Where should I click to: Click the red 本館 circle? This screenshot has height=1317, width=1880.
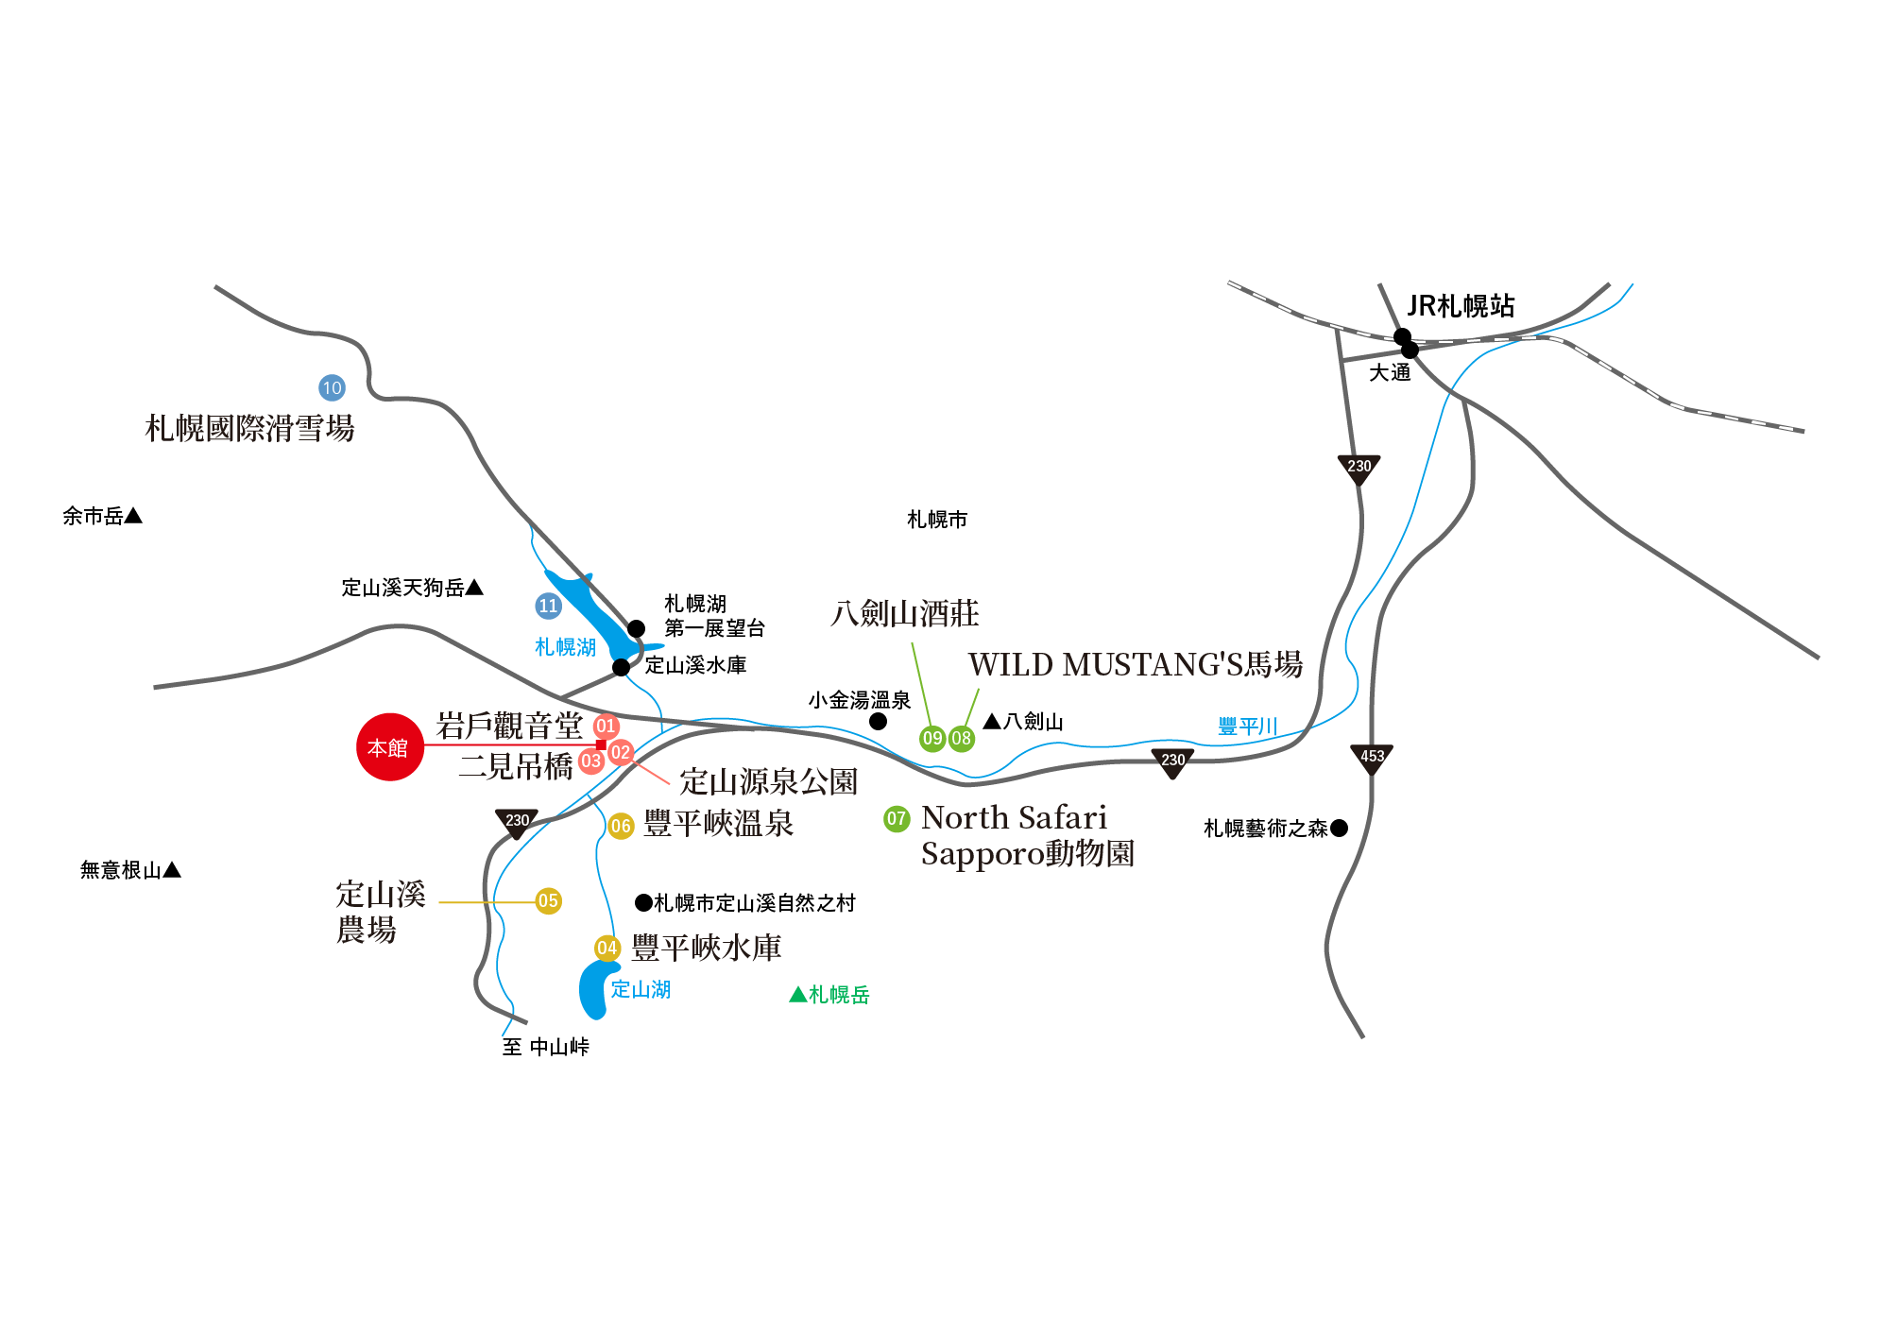click(389, 747)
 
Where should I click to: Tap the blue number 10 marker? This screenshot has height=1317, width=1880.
click(332, 387)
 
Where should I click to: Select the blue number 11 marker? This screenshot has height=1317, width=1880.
click(548, 606)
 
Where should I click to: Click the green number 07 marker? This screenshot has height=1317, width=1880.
click(897, 819)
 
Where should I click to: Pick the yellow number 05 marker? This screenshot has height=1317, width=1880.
click(548, 901)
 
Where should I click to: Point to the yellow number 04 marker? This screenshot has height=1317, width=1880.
click(607, 948)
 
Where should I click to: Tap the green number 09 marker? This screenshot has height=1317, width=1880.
click(932, 738)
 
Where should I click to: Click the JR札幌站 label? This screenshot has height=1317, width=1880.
click(1461, 306)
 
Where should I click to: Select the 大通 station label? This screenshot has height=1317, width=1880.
click(1390, 373)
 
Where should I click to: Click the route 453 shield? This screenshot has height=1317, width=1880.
click(1372, 758)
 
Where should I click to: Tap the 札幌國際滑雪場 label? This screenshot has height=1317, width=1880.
click(249, 429)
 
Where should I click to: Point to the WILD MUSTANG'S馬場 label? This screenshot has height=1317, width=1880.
click(1135, 664)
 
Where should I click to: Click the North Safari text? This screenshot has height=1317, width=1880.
click(1014, 817)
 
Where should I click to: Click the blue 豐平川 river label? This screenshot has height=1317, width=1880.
click(1247, 727)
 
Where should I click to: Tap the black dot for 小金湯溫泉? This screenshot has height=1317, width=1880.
click(878, 722)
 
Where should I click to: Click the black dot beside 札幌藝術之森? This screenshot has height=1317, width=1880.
click(1339, 829)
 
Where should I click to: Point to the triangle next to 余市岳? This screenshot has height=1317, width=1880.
click(133, 516)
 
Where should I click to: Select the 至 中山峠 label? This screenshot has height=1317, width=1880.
click(545, 1047)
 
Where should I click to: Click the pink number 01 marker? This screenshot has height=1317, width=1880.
click(606, 727)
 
